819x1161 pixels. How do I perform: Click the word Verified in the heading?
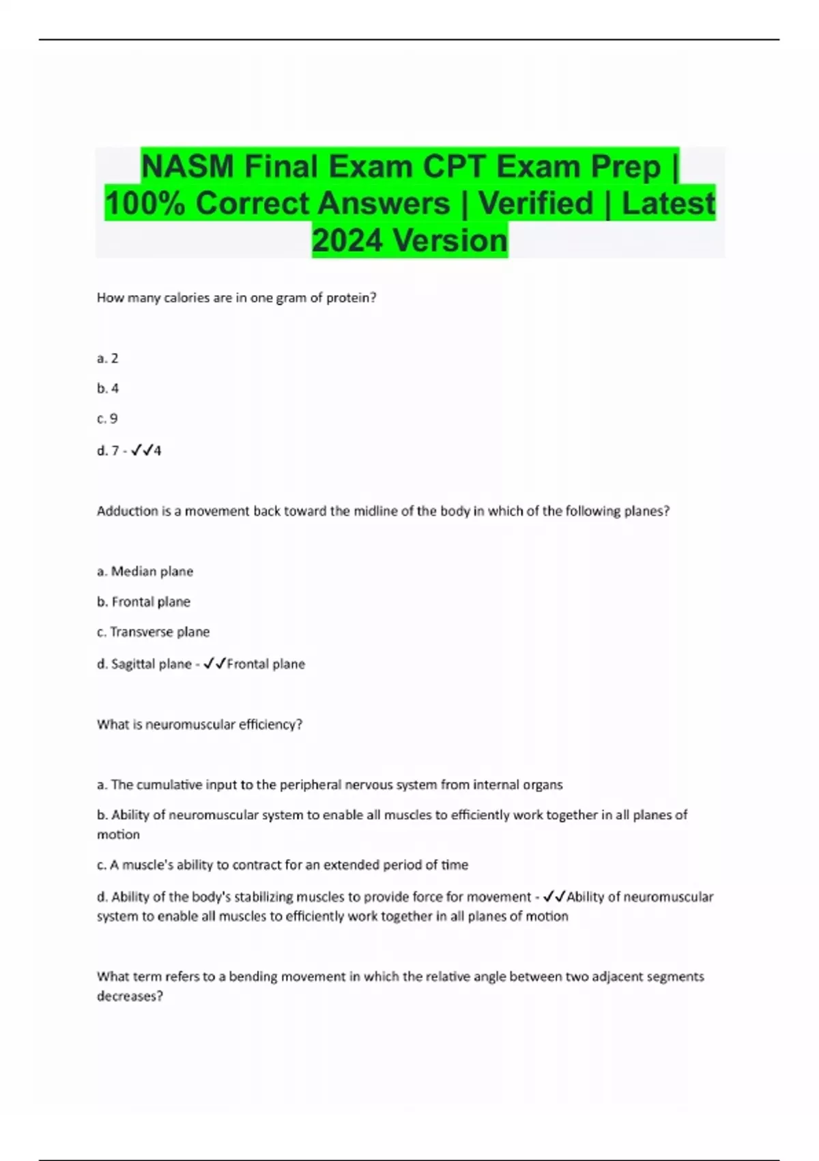click(x=536, y=204)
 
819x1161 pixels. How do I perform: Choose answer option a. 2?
click(x=108, y=359)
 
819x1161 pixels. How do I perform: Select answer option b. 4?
click(x=108, y=389)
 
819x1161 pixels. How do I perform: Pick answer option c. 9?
click(x=107, y=419)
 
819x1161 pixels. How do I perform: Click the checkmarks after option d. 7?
click(x=141, y=451)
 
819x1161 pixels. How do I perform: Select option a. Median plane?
click(x=145, y=572)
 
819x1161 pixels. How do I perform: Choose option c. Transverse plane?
click(x=154, y=632)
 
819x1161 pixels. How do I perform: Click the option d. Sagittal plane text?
click(x=145, y=664)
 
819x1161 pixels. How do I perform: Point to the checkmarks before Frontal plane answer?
click(x=214, y=664)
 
